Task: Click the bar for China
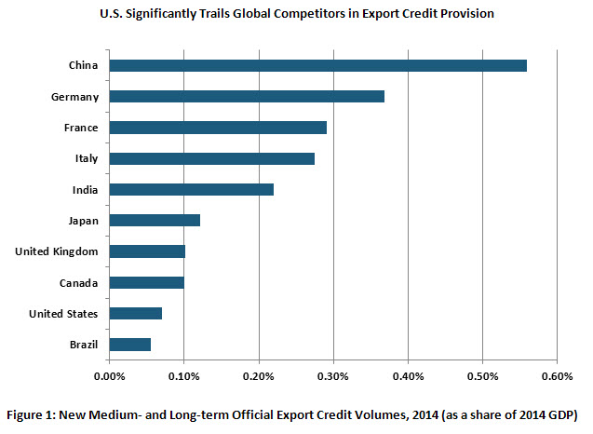pyautogui.click(x=317, y=65)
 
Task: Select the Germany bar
pyautogui.click(x=247, y=96)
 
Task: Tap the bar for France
pyautogui.click(x=218, y=127)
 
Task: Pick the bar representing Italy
pyautogui.click(x=211, y=158)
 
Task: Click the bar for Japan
pyautogui.click(x=155, y=221)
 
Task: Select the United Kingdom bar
pyautogui.click(x=147, y=251)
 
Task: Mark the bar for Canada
pyautogui.click(x=146, y=282)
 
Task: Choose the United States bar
pyautogui.click(x=135, y=313)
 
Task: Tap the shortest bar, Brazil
pyautogui.click(x=129, y=345)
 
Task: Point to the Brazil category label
pyautogui.click(x=84, y=345)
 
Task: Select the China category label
pyautogui.click(x=84, y=65)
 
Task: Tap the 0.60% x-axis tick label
pyautogui.click(x=556, y=376)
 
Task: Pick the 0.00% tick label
pyautogui.click(x=110, y=376)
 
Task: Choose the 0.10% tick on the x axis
pyautogui.click(x=184, y=376)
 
